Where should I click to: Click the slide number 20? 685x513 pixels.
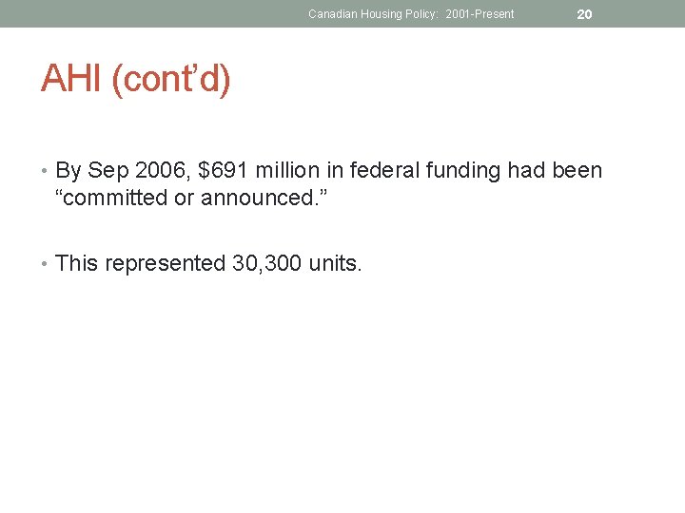[x=584, y=14]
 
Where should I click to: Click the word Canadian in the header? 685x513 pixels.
[x=329, y=14]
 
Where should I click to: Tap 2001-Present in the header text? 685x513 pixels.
[x=479, y=14]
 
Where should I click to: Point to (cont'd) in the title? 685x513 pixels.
[x=171, y=80]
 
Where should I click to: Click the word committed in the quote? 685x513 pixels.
[x=118, y=199]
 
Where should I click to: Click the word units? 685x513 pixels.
[x=335, y=263]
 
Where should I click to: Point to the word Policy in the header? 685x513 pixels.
[x=421, y=14]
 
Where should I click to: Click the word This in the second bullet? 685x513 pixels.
[x=77, y=263]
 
